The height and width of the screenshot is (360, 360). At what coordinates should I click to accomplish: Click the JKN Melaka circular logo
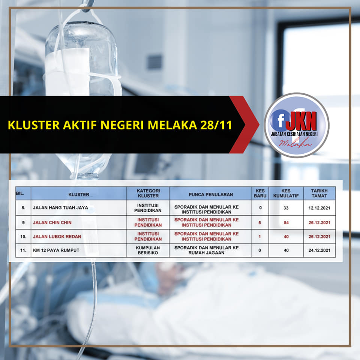[296, 125]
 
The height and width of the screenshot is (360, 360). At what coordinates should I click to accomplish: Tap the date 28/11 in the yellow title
[216, 125]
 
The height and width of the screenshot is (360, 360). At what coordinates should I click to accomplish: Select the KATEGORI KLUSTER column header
[148, 193]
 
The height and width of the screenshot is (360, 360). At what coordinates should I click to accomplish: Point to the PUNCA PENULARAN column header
[211, 195]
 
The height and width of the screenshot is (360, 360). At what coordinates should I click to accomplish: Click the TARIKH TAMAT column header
[319, 193]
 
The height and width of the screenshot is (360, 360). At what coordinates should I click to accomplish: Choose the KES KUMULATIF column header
[286, 193]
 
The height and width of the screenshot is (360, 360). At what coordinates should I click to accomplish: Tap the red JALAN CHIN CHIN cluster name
[52, 222]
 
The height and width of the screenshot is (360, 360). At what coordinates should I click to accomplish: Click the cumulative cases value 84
[286, 222]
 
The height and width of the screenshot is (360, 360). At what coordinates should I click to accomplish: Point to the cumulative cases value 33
[286, 208]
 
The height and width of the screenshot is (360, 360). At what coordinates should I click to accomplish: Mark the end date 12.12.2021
[319, 208]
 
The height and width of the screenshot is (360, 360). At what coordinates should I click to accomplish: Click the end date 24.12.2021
[319, 250]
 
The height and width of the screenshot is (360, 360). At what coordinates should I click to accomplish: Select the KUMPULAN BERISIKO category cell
[148, 250]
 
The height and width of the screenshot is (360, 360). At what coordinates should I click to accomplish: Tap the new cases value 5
[259, 222]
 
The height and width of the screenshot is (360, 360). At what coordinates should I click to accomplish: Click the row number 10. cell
[23, 237]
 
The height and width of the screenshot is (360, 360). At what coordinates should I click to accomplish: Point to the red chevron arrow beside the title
[244, 124]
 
